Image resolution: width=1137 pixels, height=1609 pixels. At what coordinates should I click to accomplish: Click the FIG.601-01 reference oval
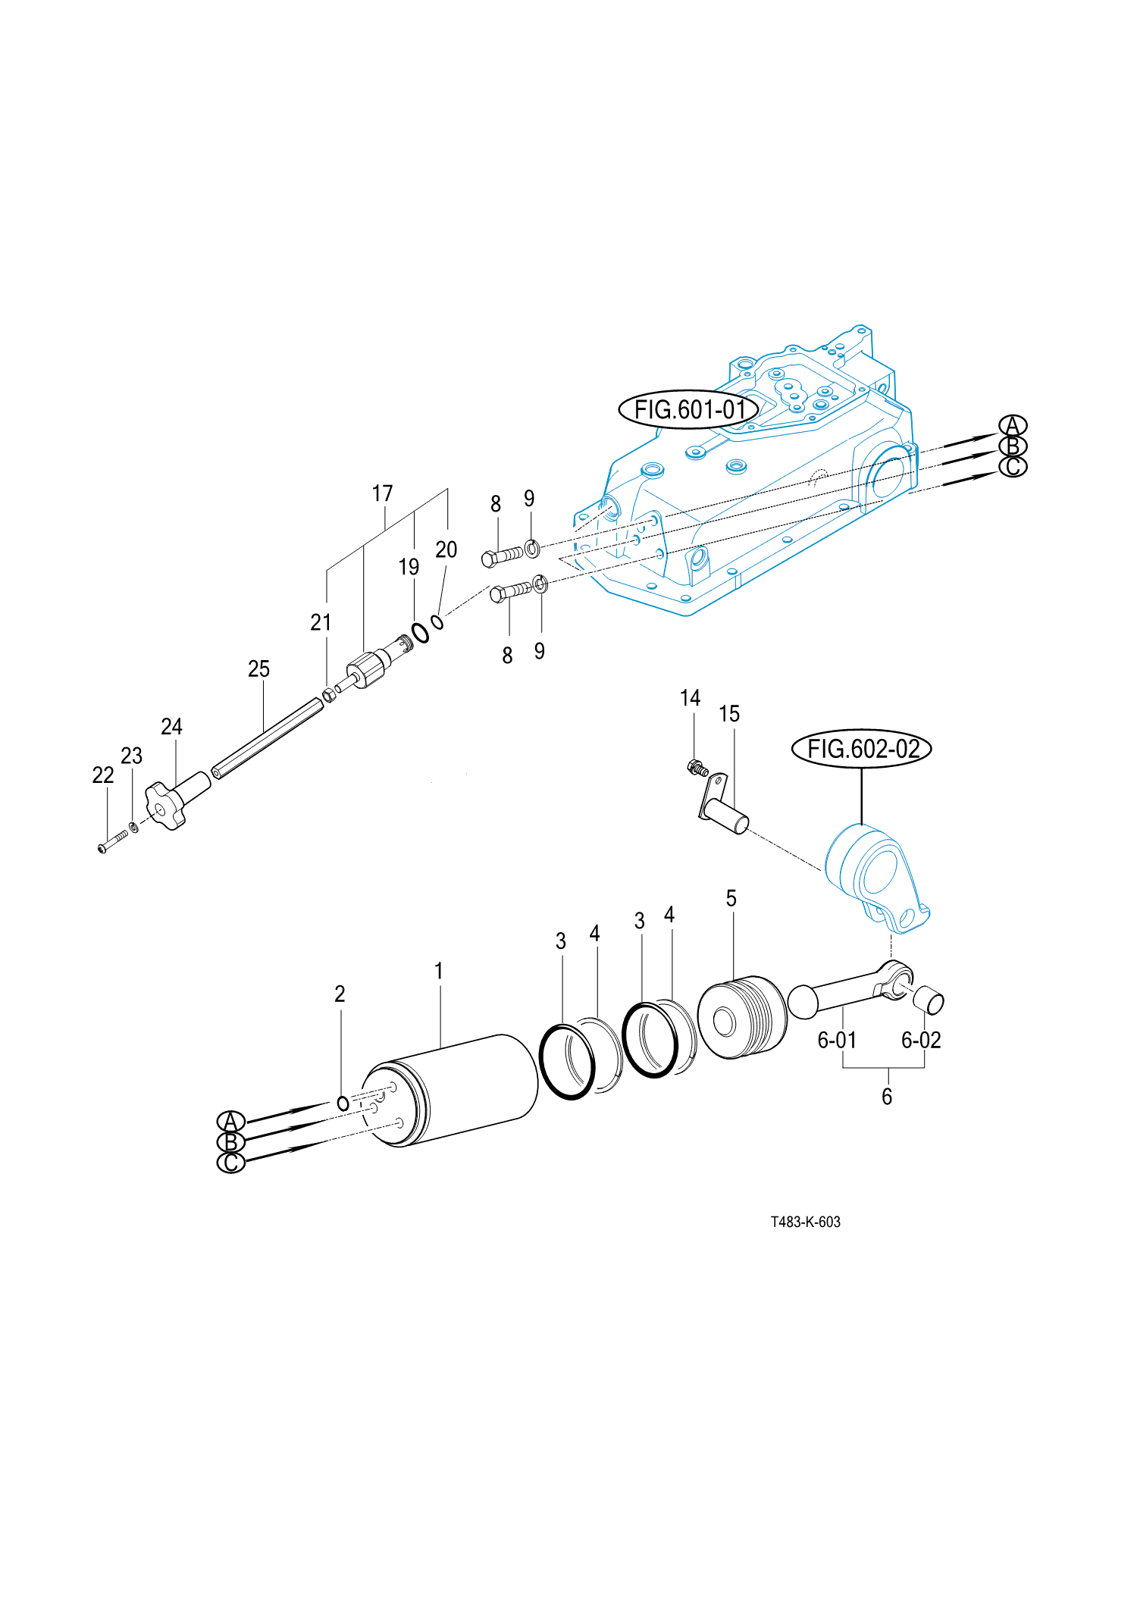point(689,410)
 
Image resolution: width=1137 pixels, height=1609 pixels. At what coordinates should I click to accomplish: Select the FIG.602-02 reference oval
point(862,749)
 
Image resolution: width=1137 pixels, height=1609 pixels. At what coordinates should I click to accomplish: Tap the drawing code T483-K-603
point(805,1222)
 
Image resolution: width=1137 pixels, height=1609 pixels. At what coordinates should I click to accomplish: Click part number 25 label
point(258,668)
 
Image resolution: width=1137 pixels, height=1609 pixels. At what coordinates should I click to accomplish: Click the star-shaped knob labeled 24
point(166,806)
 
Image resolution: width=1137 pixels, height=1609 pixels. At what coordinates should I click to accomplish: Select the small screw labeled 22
point(112,841)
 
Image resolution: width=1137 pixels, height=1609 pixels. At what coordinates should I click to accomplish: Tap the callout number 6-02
point(921,1040)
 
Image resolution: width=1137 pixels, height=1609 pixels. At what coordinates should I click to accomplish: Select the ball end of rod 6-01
point(803,1000)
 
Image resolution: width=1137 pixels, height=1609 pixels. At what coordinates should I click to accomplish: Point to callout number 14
point(690,698)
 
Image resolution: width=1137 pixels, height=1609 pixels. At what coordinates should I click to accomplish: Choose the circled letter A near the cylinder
point(231,1121)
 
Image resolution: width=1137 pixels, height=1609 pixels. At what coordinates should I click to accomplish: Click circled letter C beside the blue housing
point(1013,467)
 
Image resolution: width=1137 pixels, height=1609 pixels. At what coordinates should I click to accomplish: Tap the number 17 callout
point(382,493)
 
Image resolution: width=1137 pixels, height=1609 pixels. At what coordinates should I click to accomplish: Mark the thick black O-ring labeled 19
point(420,632)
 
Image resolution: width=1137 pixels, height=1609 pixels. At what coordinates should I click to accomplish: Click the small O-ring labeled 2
point(343,1103)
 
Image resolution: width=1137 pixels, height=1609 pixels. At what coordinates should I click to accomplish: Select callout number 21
point(321,622)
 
